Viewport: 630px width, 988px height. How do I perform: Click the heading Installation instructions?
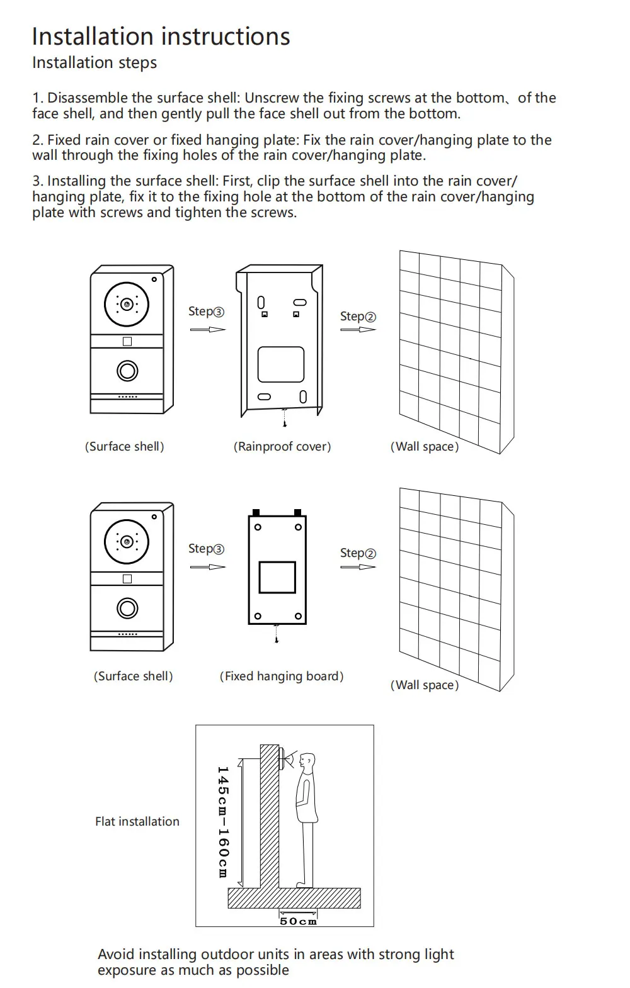pyautogui.click(x=161, y=36)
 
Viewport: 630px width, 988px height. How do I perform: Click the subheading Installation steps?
pyautogui.click(x=94, y=63)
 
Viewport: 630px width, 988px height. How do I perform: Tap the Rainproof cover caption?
pyautogui.click(x=282, y=447)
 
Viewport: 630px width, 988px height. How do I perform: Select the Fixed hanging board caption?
pyautogui.click(x=282, y=676)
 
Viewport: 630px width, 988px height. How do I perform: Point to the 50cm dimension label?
pyautogui.click(x=298, y=921)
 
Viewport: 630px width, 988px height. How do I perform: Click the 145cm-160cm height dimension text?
pyautogui.click(x=222, y=821)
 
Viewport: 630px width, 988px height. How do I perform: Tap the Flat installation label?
pyautogui.click(x=137, y=821)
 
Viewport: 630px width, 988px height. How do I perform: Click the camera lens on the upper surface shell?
pyautogui.click(x=127, y=305)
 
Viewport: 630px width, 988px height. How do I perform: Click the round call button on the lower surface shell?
pyautogui.click(x=127, y=609)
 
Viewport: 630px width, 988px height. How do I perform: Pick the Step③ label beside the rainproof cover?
pyautogui.click(x=206, y=312)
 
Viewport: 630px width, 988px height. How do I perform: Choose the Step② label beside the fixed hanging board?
pyautogui.click(x=358, y=553)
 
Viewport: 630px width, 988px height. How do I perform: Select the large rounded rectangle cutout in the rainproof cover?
pyautogui.click(x=281, y=364)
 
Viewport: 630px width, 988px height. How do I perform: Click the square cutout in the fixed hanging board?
pyautogui.click(x=277, y=577)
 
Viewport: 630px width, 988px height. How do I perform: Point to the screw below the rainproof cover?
pyautogui.click(x=285, y=417)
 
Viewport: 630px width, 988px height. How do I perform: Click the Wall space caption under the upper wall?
pyautogui.click(x=425, y=447)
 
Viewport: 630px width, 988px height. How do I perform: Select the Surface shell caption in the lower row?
pyautogui.click(x=133, y=676)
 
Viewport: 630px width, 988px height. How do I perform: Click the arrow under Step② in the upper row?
pyautogui.click(x=358, y=329)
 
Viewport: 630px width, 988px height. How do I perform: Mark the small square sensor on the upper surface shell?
pyautogui.click(x=127, y=342)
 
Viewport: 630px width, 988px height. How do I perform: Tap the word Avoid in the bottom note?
pyautogui.click(x=115, y=955)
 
